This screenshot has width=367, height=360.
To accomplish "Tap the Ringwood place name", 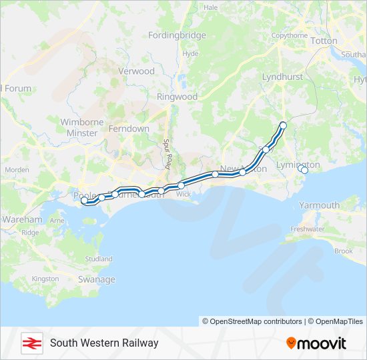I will click(x=177, y=97).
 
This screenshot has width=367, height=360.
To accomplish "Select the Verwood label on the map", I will click(x=136, y=71).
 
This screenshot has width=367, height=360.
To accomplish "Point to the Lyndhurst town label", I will click(x=282, y=77).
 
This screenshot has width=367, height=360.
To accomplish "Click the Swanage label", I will click(x=97, y=279).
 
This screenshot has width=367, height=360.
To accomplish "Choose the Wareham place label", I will click(x=22, y=219).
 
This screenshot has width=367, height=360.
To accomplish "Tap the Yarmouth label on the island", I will click(x=319, y=205).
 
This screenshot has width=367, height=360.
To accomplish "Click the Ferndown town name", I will click(x=129, y=128).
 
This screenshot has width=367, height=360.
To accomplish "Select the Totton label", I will click(x=324, y=41).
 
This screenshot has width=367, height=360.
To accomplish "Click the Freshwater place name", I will click(x=307, y=229).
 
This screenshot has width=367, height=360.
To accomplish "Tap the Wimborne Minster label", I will click(x=82, y=127).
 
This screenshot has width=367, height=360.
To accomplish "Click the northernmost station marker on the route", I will click(x=283, y=125).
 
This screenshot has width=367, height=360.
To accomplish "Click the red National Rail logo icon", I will click(x=31, y=343).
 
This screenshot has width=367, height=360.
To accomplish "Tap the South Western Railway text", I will click(x=104, y=343).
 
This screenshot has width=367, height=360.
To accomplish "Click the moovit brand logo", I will click(x=316, y=343).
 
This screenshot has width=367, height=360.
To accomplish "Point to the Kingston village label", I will click(x=45, y=279).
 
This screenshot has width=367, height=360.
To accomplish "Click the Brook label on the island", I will click(x=343, y=251).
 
